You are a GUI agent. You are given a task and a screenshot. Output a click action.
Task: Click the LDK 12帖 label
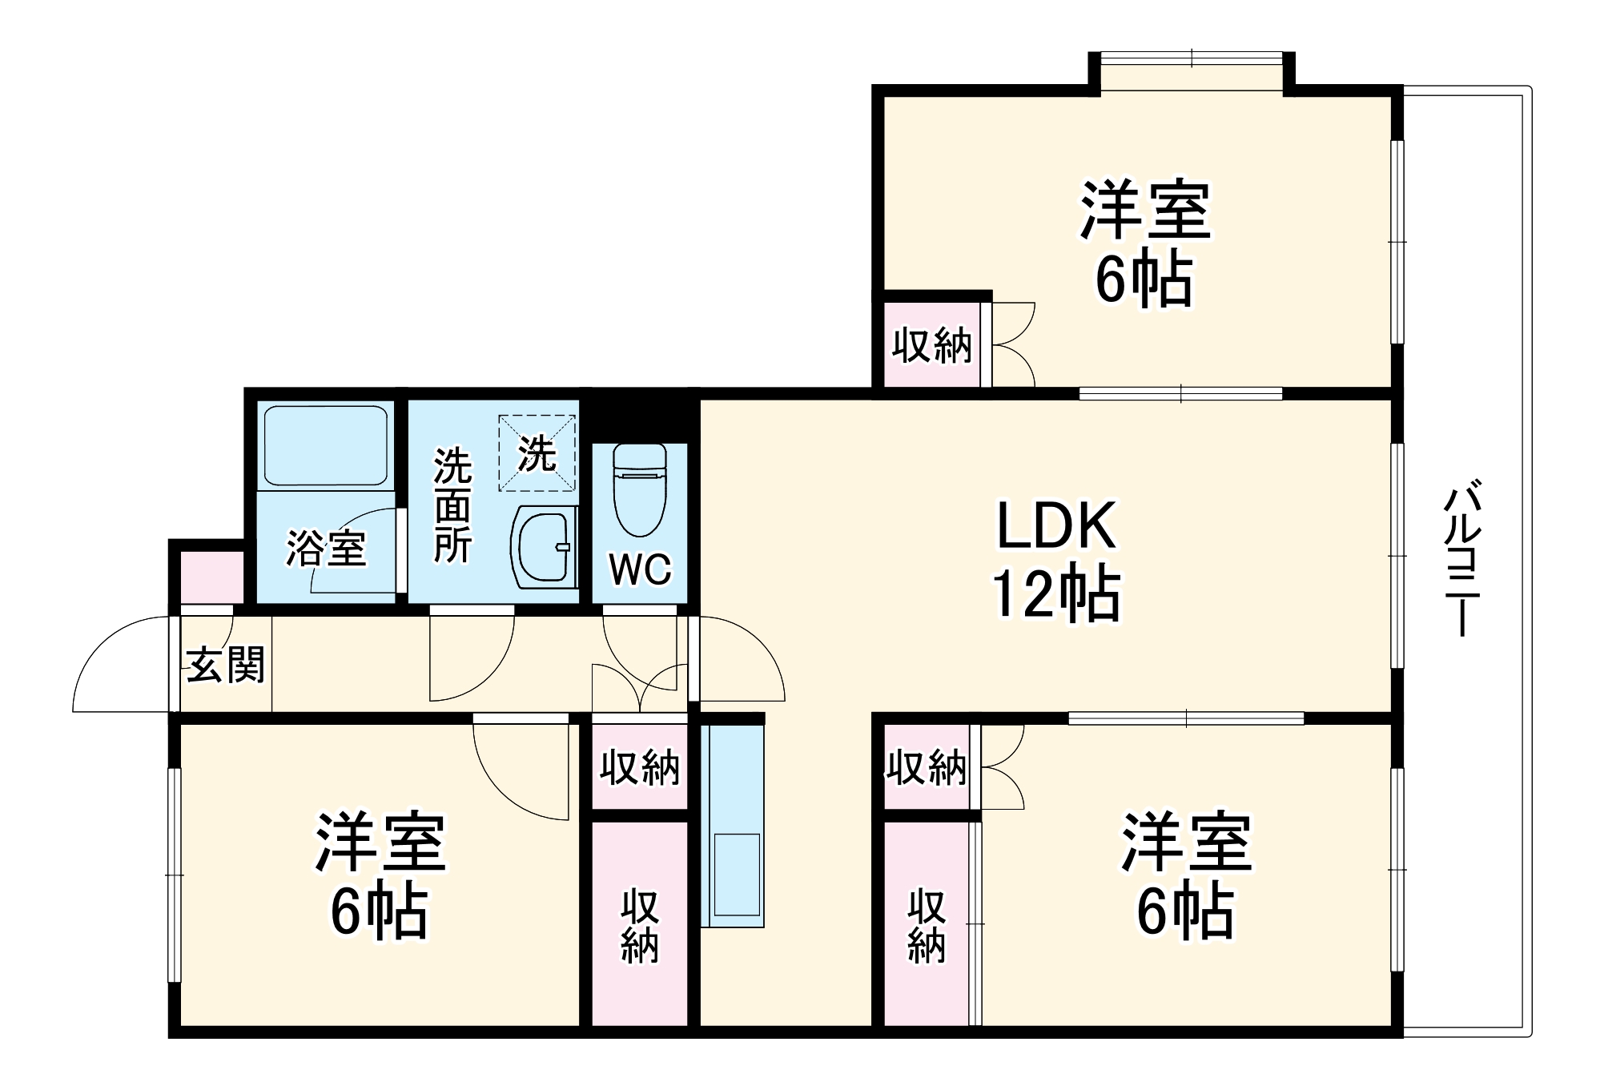1055,561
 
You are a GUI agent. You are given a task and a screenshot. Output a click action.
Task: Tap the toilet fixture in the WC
639,489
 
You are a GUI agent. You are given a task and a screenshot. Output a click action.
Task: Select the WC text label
640,569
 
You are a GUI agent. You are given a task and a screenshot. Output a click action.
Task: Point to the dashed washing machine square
537,453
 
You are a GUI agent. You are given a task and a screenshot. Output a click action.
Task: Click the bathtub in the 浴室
325,445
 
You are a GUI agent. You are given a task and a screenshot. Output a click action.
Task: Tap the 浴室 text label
326,549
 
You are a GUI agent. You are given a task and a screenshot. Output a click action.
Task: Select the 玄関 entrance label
225,665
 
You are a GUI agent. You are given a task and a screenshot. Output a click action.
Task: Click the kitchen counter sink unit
732,825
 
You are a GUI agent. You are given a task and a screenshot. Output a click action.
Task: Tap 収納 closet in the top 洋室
932,345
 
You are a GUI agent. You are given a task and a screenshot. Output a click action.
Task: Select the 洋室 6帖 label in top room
1144,244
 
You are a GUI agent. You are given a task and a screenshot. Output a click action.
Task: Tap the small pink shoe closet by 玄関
211,577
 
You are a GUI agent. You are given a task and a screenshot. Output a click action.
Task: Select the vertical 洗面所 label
452,506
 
